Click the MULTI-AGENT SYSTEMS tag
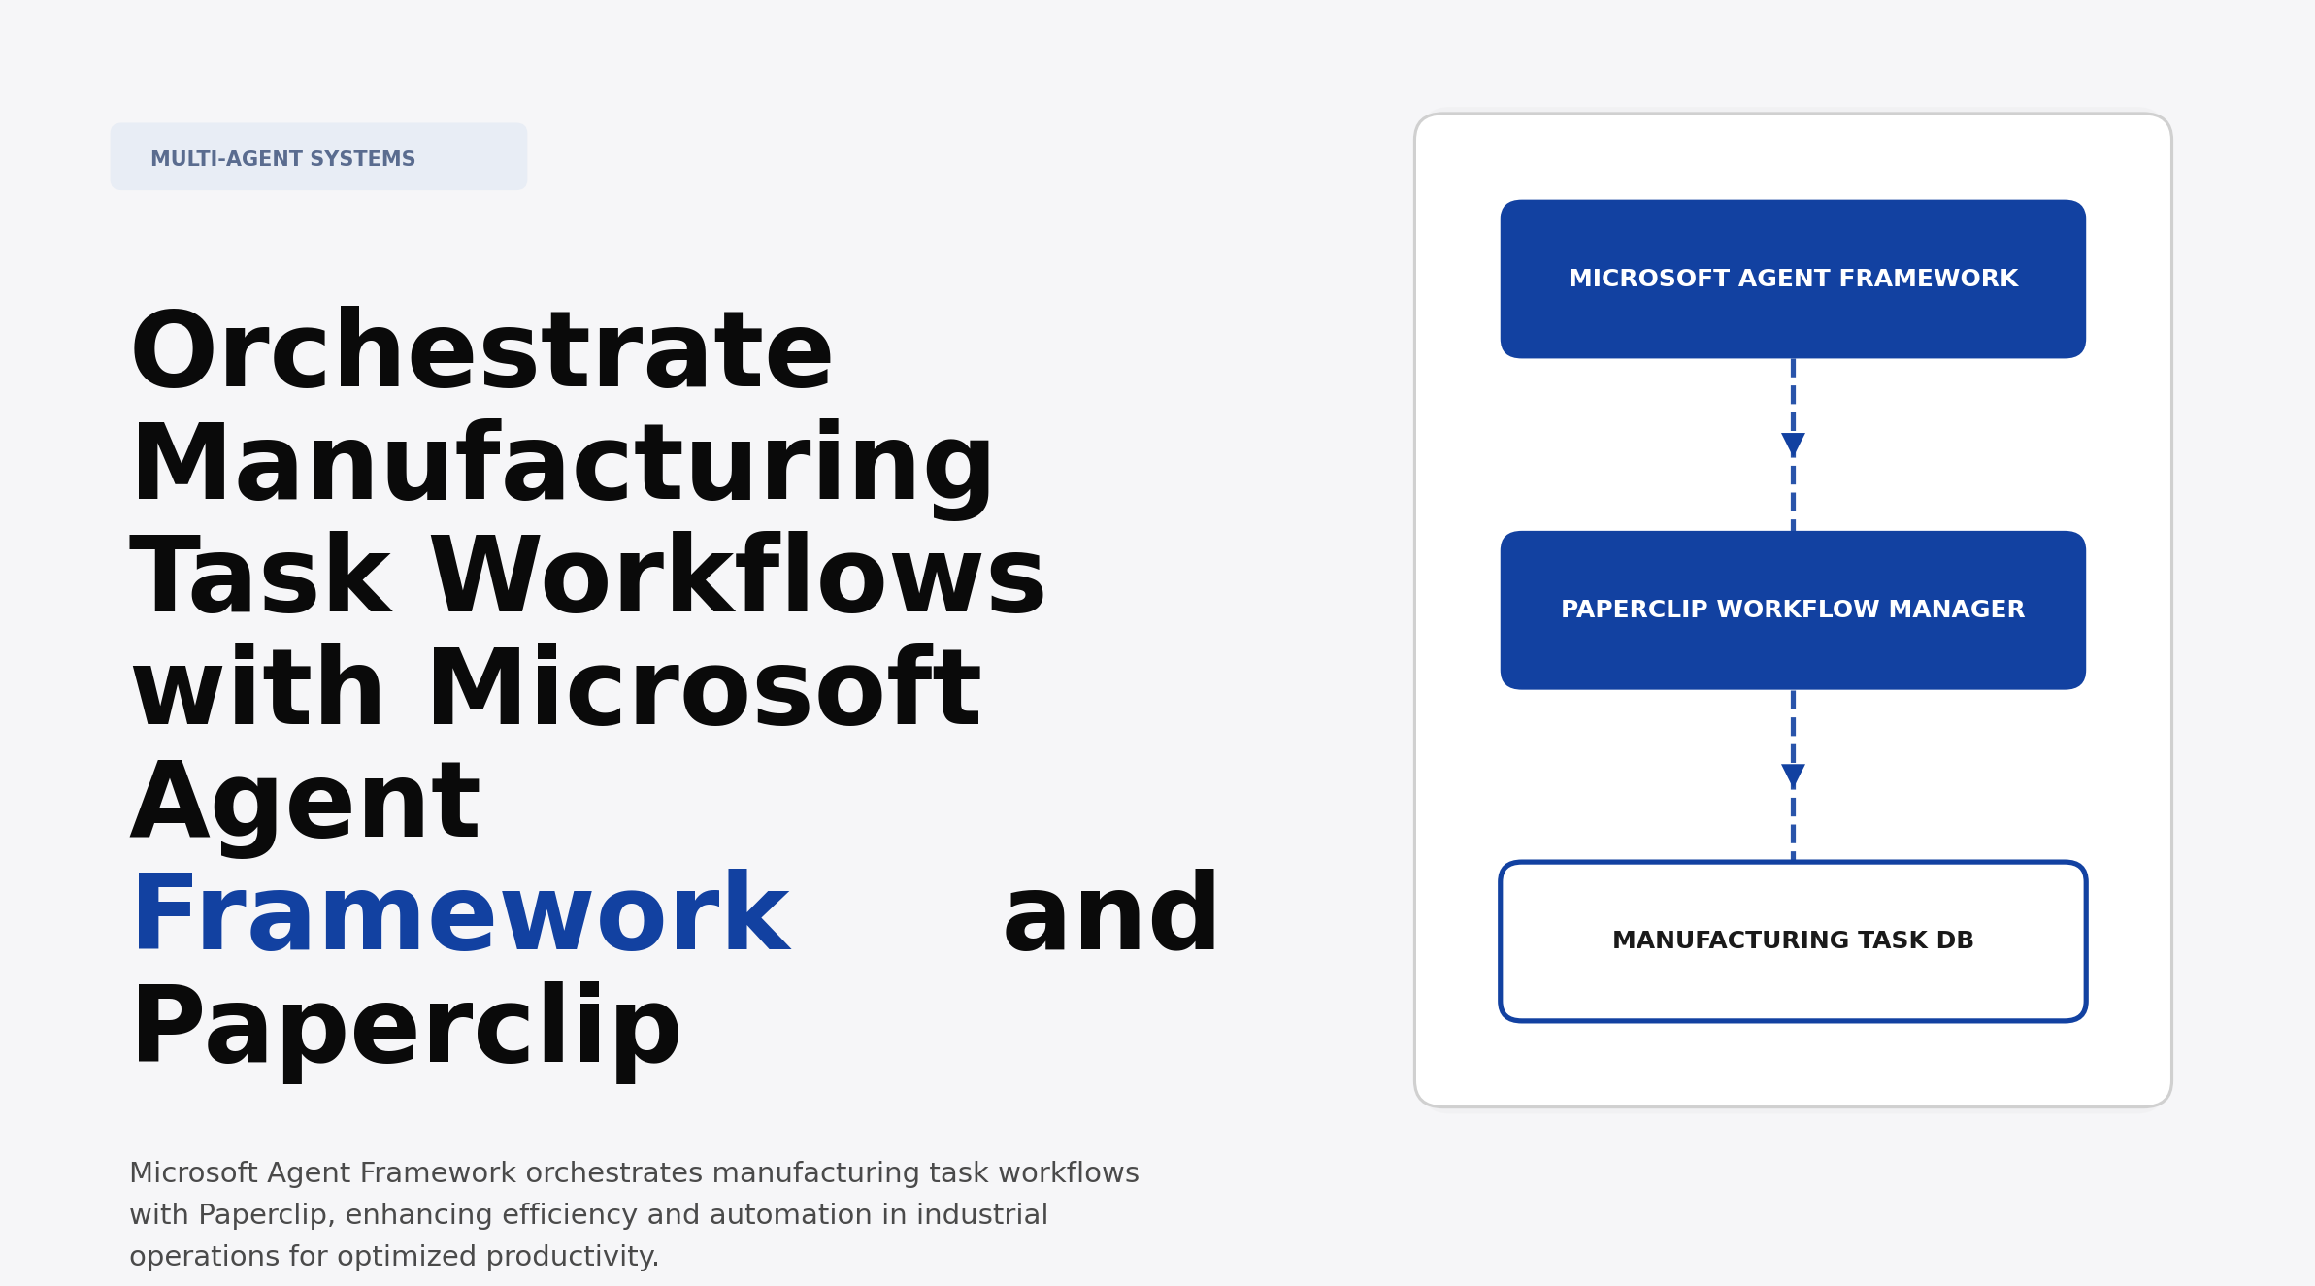coord(318,157)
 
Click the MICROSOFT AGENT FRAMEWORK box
coord(1793,280)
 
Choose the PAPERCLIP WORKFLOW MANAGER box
coord(1793,610)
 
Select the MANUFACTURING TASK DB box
coord(1793,940)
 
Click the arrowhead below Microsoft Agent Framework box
coord(1793,444)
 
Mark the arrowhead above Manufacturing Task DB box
coord(1793,775)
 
